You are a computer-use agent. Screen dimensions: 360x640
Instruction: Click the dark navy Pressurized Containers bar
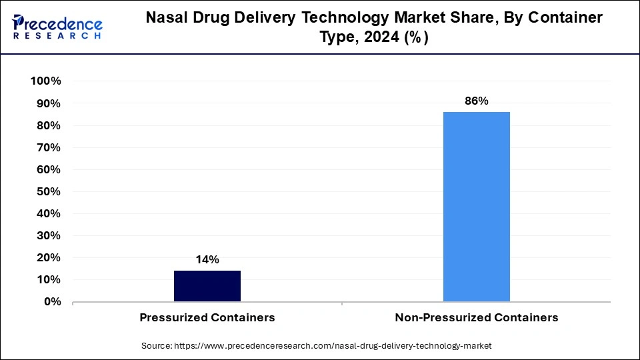click(x=207, y=286)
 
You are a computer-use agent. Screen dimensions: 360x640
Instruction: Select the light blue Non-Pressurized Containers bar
click(x=477, y=207)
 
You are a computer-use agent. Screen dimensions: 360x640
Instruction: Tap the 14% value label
click(x=207, y=260)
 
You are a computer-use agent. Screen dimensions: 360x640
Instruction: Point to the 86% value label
click(x=477, y=101)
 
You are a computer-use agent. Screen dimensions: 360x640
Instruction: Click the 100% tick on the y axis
click(x=46, y=81)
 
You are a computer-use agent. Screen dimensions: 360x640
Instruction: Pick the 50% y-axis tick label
click(x=49, y=191)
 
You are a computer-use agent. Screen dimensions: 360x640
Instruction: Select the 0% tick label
click(x=52, y=302)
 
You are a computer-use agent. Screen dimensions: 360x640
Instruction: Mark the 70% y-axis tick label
click(x=49, y=147)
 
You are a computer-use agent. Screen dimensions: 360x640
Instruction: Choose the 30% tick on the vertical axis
click(x=49, y=235)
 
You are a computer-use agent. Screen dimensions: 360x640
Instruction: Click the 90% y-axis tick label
click(x=49, y=103)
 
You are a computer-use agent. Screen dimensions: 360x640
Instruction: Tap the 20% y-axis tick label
click(x=49, y=257)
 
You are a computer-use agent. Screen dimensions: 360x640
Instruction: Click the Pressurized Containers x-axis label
click(x=207, y=318)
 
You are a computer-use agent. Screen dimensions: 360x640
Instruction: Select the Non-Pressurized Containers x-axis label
click(x=477, y=318)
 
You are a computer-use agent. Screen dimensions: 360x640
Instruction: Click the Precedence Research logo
click(x=57, y=27)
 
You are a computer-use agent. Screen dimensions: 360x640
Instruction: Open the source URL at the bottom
click(x=334, y=346)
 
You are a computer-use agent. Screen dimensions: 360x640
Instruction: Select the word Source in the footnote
click(x=157, y=346)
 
